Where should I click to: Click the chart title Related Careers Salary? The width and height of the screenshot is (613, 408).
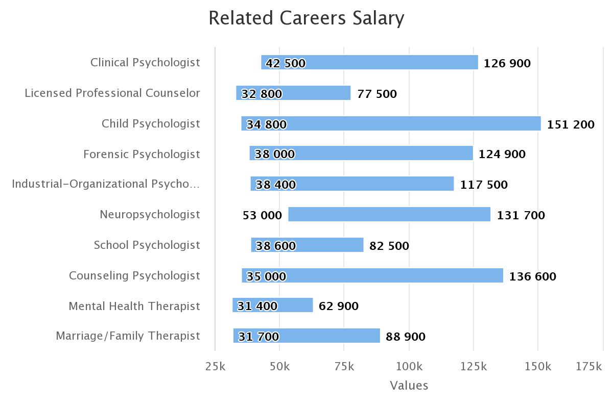pos(306,18)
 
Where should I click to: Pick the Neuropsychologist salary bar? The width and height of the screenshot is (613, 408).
pos(389,214)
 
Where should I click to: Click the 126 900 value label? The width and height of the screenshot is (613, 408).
pos(507,63)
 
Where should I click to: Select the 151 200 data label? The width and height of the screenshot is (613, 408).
pos(571,124)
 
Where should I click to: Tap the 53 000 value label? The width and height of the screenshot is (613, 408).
pos(262,215)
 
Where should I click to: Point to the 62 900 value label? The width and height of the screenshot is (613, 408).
pos(338,306)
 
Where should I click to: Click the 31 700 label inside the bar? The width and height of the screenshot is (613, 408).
pos(258,337)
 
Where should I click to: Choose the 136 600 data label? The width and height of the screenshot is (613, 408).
pos(532,276)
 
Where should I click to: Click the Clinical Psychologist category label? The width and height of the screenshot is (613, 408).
pos(145,62)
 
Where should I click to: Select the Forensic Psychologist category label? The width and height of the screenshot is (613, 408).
pos(142,154)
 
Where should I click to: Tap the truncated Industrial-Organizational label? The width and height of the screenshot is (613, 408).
pos(106,184)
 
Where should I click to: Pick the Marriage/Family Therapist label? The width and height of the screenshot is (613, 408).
pos(128,336)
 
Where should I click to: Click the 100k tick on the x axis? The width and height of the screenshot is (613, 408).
pos(409,366)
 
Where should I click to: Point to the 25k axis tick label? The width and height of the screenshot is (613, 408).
pos(215,366)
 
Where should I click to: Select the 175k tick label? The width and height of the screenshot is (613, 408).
pos(589,366)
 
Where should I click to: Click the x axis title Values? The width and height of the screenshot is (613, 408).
pos(409,386)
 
